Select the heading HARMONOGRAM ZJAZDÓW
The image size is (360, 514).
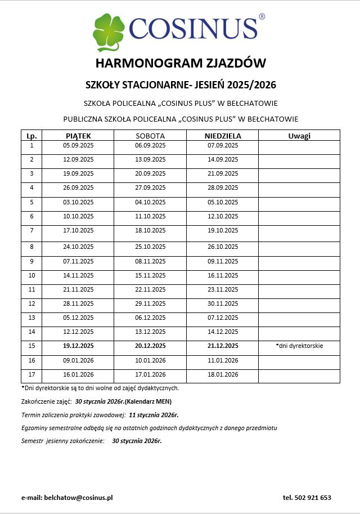click(x=180, y=62)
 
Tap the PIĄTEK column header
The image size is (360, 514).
click(x=78, y=136)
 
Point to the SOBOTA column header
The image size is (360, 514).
click(x=150, y=136)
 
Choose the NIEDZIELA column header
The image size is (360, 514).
click(x=223, y=136)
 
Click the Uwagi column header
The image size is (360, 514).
click(x=299, y=136)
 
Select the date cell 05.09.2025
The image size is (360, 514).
click(x=78, y=146)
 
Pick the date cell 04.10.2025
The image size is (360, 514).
click(x=150, y=202)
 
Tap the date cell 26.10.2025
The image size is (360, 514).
click(x=223, y=247)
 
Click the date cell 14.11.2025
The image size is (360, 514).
click(x=78, y=275)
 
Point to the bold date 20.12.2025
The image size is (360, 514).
click(x=150, y=346)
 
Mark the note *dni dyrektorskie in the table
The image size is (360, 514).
click(x=299, y=346)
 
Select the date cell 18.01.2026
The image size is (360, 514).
click(x=223, y=374)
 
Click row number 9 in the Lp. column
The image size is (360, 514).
click(x=31, y=261)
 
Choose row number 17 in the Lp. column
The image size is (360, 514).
click(x=31, y=374)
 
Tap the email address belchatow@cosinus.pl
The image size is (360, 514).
click(x=79, y=498)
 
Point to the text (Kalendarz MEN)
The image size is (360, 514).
click(x=148, y=401)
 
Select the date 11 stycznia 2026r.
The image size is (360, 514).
click(x=154, y=415)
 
